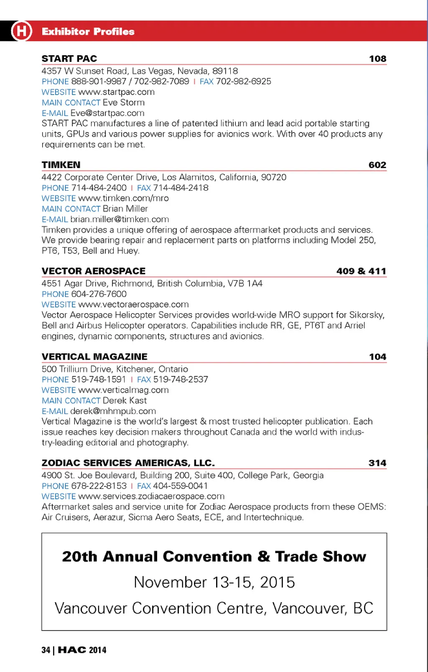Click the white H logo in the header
[x=22, y=31]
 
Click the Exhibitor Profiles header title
[x=88, y=31]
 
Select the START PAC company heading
[x=69, y=59]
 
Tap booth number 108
[x=377, y=59]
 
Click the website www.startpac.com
[x=116, y=92]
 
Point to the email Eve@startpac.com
[x=107, y=113]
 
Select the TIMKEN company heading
[x=61, y=165]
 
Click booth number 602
[x=377, y=165]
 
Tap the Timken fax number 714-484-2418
[x=181, y=188]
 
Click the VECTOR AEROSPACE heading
[x=94, y=271]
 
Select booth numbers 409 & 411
[x=361, y=271]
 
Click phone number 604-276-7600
[x=99, y=294]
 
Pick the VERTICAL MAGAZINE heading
[x=94, y=357]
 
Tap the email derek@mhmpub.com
[x=113, y=411]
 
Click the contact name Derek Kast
[x=125, y=401]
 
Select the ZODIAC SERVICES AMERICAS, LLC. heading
[x=128, y=463]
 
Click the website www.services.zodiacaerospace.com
[x=151, y=496]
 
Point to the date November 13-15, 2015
[x=214, y=582]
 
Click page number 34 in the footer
[x=46, y=650]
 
